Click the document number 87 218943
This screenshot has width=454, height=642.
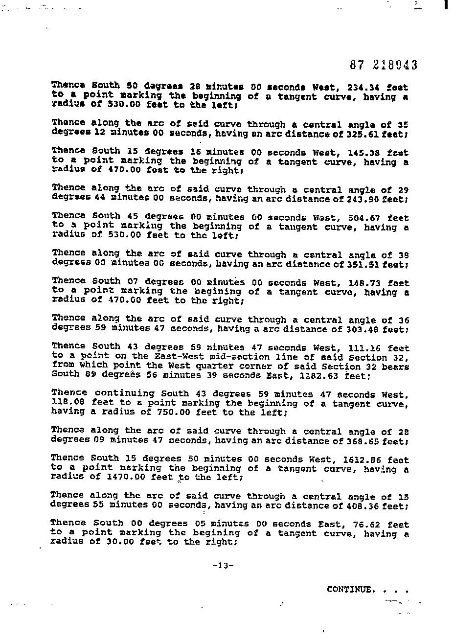(384, 65)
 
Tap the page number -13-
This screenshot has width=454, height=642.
(223, 566)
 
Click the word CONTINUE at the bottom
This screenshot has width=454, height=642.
(349, 589)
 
